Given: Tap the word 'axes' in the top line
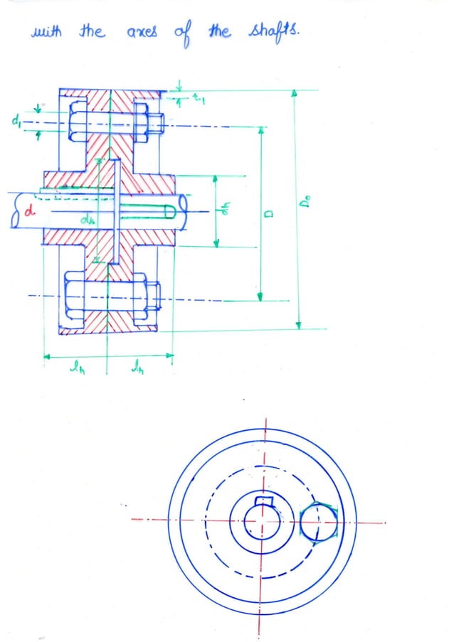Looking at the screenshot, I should pos(141,33).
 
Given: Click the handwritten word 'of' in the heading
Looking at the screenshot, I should pos(183,33).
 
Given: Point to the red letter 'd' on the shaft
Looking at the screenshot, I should pos(28,211).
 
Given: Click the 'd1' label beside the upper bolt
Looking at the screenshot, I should pos(15,122).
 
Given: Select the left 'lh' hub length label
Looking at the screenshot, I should pos(73,367).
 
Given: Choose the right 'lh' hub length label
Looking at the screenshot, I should pos(137,367).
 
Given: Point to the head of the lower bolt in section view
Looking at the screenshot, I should pos(75,298).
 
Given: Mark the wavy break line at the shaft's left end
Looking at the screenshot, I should pos(14,211).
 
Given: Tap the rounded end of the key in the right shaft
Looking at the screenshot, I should pos(169,211).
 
